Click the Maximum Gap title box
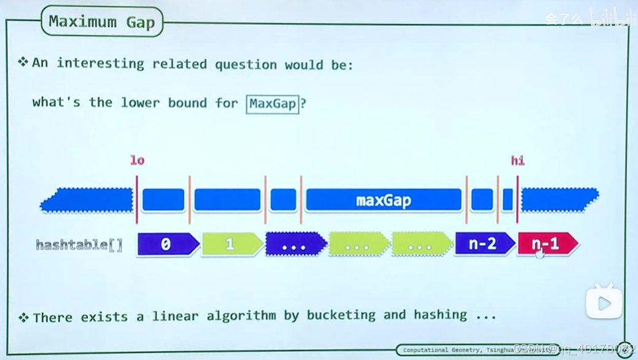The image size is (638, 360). [x=102, y=22]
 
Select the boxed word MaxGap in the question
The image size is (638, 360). [x=273, y=104]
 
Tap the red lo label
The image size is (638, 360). [x=137, y=160]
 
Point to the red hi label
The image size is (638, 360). [x=518, y=160]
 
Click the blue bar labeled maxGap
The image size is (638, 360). [x=383, y=200]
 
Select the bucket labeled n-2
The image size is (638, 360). [x=483, y=244]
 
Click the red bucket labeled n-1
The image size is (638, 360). [x=547, y=244]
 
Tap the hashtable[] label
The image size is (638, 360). [x=79, y=245]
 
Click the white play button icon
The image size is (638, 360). [x=604, y=302]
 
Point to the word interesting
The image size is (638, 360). [x=100, y=63]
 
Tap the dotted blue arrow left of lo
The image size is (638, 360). [x=87, y=200]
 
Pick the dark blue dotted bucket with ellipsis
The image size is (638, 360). [x=294, y=244]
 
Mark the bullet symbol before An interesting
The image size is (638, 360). [x=23, y=62]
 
